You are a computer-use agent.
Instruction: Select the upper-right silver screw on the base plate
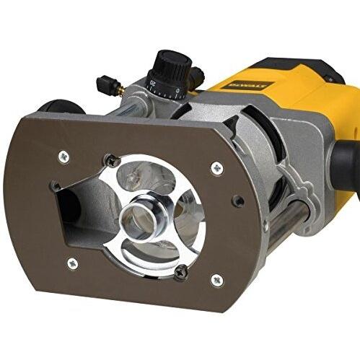pyautogui.click(x=217, y=167)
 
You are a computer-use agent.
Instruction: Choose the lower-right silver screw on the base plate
pyautogui.click(x=216, y=279)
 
